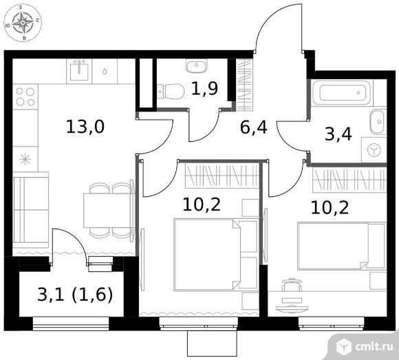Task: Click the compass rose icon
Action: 23,23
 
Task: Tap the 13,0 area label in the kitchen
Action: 85,127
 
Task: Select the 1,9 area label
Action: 204,88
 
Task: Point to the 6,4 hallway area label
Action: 253,127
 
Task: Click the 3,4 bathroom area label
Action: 338,134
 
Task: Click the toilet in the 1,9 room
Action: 171,92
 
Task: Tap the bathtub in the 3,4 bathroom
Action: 342,92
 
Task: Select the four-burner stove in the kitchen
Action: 25,97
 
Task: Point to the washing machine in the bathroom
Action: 374,149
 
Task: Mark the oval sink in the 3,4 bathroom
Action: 378,122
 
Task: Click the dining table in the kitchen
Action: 108,211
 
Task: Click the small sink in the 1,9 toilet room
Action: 197,65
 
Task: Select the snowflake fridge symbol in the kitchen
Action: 25,159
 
